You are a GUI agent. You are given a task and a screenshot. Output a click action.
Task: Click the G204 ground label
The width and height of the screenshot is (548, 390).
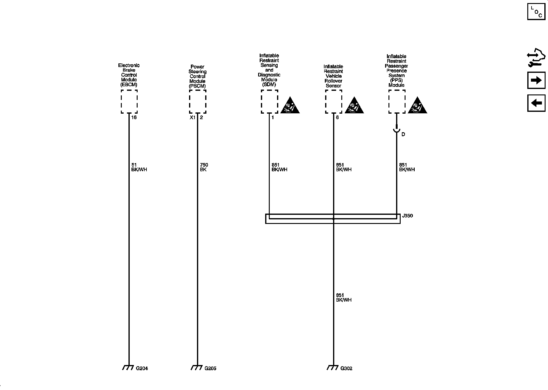pos(142,368)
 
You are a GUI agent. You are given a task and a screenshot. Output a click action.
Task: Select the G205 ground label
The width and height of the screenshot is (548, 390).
pos(210,368)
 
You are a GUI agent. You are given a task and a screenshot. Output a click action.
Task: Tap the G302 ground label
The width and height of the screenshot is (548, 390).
pos(346,368)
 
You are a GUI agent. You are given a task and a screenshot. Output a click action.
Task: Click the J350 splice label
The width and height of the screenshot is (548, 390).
pos(407,216)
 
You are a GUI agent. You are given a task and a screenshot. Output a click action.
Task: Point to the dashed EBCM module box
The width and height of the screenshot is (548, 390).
pos(129,101)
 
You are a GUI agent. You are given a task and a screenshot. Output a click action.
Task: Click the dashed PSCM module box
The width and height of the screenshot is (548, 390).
pos(198,101)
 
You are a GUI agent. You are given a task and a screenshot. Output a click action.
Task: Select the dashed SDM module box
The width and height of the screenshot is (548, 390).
pos(269,101)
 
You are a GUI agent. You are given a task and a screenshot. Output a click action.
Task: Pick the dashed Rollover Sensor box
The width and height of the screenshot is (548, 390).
pos(334,101)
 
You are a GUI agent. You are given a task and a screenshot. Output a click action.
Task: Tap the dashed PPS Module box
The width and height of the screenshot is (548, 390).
pos(397,101)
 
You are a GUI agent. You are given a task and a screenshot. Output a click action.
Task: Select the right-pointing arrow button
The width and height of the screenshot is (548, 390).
pos(536,80)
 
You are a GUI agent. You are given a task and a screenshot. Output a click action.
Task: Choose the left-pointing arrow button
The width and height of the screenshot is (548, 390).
pos(536,103)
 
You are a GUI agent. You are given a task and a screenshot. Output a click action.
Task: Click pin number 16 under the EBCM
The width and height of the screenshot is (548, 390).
pos(134,117)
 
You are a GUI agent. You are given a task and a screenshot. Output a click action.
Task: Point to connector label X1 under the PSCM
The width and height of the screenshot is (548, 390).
pos(192,117)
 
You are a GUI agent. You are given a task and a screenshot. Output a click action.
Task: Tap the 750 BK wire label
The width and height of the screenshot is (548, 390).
pos(204,167)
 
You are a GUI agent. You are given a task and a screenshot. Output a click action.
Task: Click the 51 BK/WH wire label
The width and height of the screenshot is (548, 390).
pos(139,167)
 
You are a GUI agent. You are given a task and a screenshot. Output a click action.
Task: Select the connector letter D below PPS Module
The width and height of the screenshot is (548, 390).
pos(403,134)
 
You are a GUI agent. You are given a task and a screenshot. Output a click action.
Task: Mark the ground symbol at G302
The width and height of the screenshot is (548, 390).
pos(333,367)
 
